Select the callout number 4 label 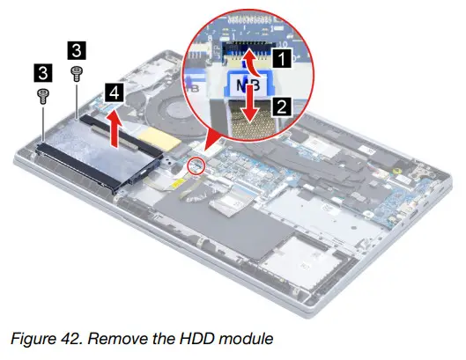pos(112,91)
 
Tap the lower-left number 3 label pos(41,70)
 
